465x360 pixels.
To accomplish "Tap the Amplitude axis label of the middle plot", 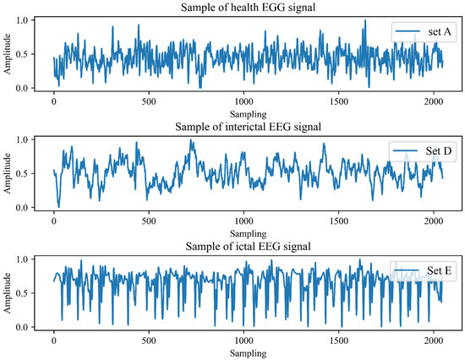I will tap(8, 173).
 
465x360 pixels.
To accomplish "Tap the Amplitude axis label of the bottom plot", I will tap(8, 292).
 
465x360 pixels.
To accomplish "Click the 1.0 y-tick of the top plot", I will tap(31, 19).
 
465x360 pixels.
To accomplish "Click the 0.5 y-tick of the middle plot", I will tap(31, 173).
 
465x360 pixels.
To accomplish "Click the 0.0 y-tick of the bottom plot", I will tap(31, 327).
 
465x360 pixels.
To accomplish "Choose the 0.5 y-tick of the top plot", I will tap(31, 54).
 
